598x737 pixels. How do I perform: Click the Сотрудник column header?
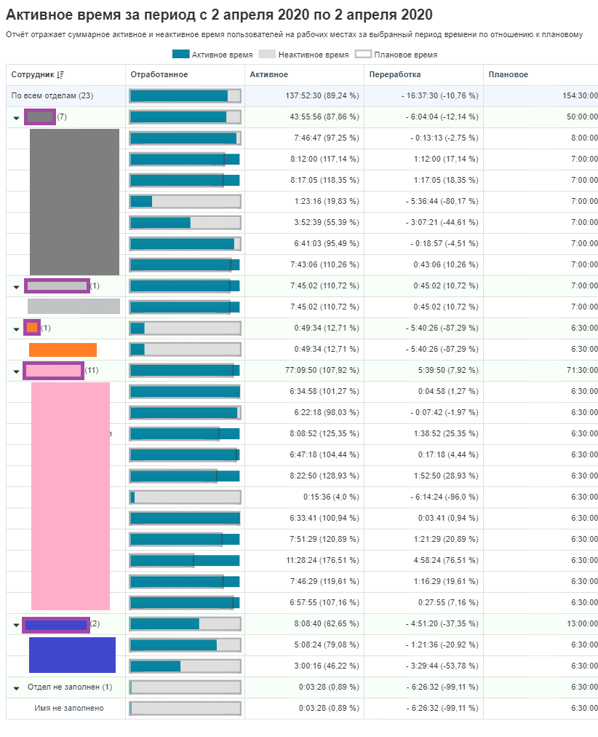33,75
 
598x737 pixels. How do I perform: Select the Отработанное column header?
159,75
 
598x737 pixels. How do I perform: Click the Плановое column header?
509,75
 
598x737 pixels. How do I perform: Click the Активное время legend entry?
212,55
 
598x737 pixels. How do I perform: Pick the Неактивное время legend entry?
305,55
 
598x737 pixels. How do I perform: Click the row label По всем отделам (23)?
52,96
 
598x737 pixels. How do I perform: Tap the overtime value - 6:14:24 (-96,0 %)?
442,497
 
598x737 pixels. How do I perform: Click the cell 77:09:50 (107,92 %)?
322,371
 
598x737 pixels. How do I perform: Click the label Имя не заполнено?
69,708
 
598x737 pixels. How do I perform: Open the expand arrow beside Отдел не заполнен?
16,687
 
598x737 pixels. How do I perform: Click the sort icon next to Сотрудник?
60,75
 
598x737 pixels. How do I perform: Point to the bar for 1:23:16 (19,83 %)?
185,201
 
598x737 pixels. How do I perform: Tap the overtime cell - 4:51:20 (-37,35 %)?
442,623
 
